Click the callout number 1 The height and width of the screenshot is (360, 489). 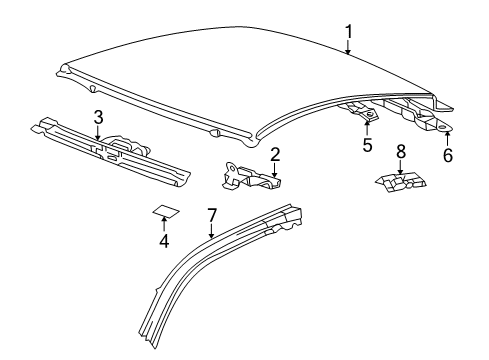click(348, 32)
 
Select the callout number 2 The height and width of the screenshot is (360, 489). click(275, 155)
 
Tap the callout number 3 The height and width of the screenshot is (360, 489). click(98, 117)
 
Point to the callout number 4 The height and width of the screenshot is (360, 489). click(164, 241)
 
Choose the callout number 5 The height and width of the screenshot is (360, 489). click(367, 145)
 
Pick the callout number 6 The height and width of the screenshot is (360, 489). click(448, 155)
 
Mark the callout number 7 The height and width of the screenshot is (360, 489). click(212, 215)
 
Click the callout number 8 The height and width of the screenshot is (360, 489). click(401, 152)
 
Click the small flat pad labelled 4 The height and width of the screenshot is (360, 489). click(166, 211)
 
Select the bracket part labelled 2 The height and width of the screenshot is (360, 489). click(251, 176)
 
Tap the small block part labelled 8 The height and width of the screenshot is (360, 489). click(400, 183)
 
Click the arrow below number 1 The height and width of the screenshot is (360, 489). click(348, 47)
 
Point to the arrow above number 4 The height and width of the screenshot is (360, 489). click(164, 224)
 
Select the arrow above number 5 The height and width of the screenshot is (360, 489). click(367, 128)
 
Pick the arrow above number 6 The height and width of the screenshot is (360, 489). click(447, 139)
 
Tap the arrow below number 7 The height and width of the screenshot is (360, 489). click(211, 231)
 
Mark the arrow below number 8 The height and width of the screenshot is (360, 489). click(400, 167)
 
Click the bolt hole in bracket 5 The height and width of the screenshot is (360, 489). click(370, 114)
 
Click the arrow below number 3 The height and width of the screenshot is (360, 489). click(97, 132)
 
